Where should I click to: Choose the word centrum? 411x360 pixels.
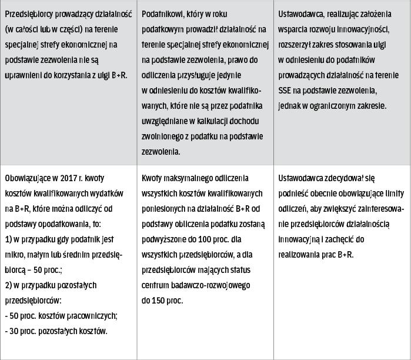coord(156,285)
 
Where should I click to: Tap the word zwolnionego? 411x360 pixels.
coord(164,136)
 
